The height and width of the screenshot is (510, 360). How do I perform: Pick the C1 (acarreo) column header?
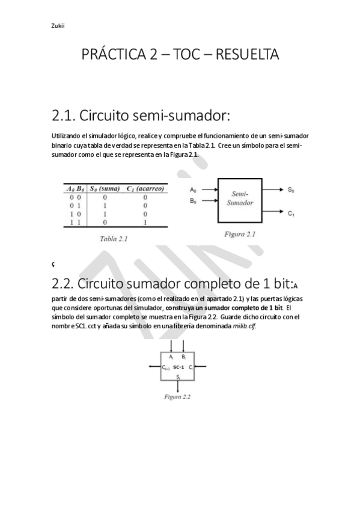coord(145,188)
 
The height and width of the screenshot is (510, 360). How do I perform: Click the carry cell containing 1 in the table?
coord(145,222)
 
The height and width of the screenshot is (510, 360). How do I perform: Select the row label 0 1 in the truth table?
coord(74,205)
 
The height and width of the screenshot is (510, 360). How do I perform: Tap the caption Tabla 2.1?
coord(114,239)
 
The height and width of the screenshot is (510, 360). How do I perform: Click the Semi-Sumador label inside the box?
coord(240,198)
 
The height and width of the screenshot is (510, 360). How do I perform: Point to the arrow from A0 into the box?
coord(207,190)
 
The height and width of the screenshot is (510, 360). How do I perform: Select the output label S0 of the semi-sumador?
coord(291,190)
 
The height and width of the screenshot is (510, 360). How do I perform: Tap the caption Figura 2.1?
coord(240,234)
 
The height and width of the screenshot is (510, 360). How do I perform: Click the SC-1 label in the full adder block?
coord(178,367)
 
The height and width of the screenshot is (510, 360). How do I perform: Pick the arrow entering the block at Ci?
coord(202,367)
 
